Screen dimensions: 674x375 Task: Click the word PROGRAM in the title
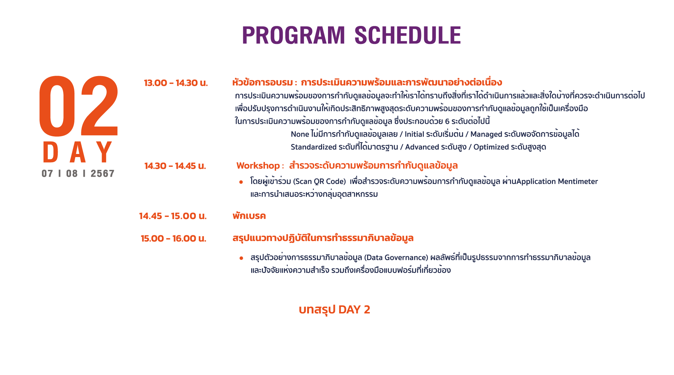293,35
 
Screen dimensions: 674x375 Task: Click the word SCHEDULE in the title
408,35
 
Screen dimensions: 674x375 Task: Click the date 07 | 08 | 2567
78,173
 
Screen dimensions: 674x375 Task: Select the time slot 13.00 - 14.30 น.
176,83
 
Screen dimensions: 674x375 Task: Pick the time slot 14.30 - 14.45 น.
175,166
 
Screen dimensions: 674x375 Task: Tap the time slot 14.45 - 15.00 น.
173,216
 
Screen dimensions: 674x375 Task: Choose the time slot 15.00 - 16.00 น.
173,239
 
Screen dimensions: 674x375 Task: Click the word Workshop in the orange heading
258,166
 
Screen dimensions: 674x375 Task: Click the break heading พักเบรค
249,216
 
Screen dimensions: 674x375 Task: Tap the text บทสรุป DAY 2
335,310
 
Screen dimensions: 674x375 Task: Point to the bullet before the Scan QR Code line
241,182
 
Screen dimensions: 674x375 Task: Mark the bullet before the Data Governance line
241,258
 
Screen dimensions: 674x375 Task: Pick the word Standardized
313,147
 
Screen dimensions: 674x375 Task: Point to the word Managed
486,134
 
